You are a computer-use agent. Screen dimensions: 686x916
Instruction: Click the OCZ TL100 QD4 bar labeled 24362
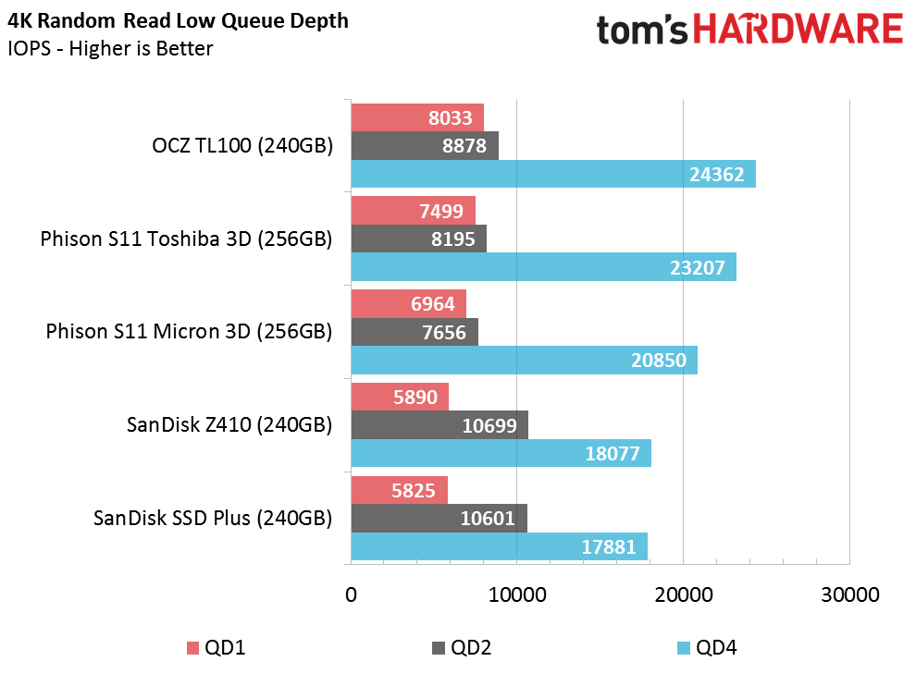(553, 174)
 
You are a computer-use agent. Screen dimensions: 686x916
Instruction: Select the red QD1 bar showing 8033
(417, 117)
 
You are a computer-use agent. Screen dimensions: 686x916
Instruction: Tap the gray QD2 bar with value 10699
(439, 425)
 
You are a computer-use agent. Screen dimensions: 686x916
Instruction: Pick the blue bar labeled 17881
(499, 546)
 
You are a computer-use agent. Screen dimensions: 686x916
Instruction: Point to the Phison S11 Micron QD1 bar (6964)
(408, 303)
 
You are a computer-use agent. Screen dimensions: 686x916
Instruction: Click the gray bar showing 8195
(419, 239)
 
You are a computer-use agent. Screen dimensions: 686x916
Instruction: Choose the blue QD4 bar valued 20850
(524, 361)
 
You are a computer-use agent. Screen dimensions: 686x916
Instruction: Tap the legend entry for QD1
(217, 647)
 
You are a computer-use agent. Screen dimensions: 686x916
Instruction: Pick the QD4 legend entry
(708, 647)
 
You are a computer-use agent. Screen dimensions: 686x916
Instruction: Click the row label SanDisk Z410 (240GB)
(229, 425)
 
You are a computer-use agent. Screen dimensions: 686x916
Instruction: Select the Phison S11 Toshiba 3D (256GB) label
(186, 239)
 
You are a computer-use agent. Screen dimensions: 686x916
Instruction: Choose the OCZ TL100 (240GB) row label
(241, 145)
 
